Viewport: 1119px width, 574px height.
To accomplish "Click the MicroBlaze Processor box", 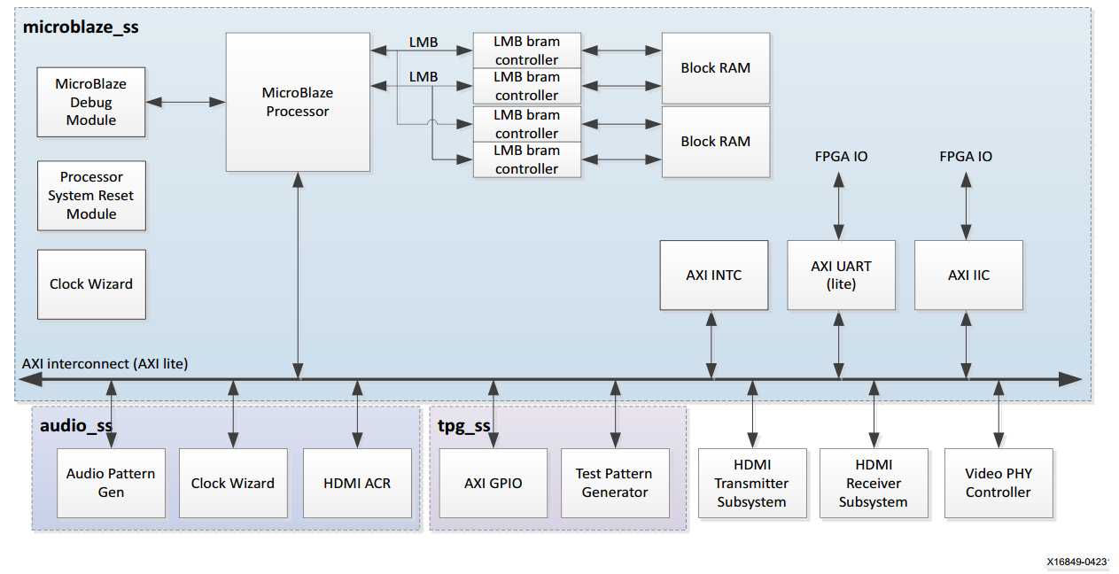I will tap(297, 102).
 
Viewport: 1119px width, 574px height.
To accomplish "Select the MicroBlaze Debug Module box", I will tap(91, 102).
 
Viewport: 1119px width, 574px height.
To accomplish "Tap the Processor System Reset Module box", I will tap(91, 196).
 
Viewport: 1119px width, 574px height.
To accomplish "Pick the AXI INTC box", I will tap(713, 275).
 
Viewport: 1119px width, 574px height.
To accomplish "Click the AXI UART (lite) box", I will tap(841, 275).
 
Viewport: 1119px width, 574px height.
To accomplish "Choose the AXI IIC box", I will tap(968, 275).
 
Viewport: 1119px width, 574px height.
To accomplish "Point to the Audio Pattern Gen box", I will tap(111, 483).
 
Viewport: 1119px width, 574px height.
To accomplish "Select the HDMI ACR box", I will tap(357, 483).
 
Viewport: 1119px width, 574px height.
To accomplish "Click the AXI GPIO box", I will tap(493, 483).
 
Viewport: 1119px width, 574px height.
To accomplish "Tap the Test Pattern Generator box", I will tap(615, 483).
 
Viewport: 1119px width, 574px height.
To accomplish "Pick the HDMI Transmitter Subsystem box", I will tap(751, 483).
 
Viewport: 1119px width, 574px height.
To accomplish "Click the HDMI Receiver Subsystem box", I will tap(874, 483).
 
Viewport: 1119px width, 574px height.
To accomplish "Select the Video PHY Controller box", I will tap(998, 483).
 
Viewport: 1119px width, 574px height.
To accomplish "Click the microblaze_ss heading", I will tap(81, 27).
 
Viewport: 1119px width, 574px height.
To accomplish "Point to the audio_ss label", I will tap(76, 425).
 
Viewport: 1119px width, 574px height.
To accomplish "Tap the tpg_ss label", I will tap(463, 425).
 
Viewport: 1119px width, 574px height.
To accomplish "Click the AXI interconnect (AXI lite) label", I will tap(105, 363).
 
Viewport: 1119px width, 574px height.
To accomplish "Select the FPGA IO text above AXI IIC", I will tap(966, 157).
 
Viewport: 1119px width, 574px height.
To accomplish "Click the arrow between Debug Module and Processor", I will tap(185, 103).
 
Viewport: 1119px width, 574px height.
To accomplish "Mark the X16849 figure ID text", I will tap(1076, 562).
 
